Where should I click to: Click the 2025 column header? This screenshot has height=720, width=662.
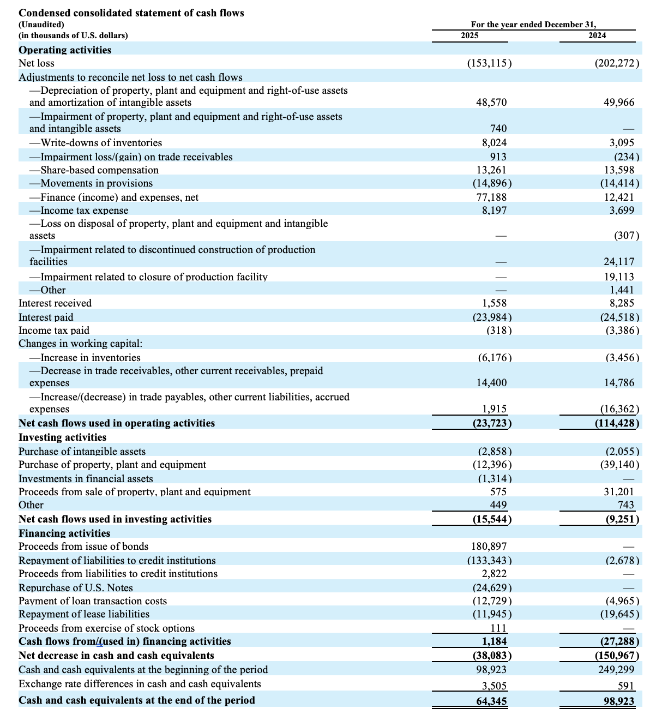470,35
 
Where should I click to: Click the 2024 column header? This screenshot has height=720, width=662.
597,35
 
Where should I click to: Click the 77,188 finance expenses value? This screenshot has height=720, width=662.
492,197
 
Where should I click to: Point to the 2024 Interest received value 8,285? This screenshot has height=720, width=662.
622,303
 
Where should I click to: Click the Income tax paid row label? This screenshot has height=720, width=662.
54,331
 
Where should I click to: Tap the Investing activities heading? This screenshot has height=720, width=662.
63,437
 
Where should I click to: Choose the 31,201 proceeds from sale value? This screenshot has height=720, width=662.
619,492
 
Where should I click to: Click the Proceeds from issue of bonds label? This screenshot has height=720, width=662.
83,547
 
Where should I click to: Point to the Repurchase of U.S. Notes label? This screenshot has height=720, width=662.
76,588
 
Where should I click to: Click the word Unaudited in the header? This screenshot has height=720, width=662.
41,25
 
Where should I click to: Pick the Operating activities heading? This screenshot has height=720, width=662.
65,50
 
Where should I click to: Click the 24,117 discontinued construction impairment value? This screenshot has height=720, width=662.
619,262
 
